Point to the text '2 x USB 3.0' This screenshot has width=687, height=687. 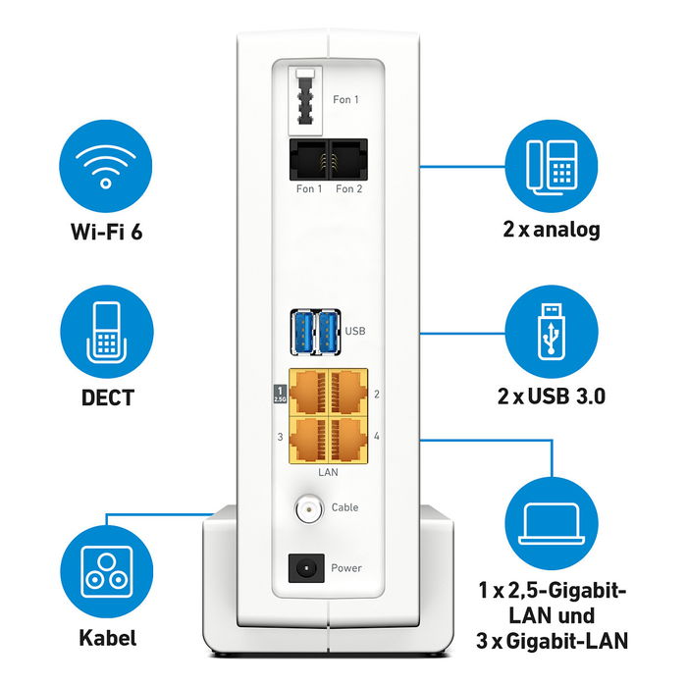click(550, 396)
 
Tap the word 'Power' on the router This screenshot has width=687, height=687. click(346, 568)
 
